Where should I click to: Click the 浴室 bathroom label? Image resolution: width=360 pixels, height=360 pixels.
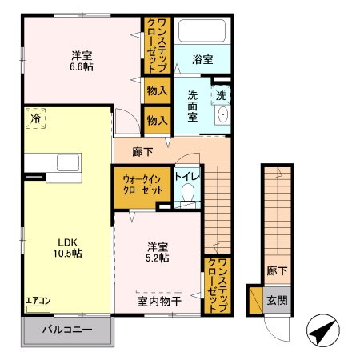[x=202, y=58]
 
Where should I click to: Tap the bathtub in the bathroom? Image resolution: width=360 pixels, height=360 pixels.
[x=203, y=32]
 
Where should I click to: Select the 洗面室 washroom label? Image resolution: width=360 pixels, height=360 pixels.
[x=194, y=105]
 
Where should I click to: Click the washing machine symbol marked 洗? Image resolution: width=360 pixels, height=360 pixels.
[x=222, y=94]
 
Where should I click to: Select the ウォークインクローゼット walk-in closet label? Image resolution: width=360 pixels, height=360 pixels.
[x=142, y=186]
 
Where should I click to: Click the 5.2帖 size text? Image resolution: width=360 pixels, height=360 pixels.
[x=157, y=258]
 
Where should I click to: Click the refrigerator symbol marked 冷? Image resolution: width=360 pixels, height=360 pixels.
[x=35, y=118]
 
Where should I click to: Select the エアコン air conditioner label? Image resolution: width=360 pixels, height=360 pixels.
[x=38, y=301]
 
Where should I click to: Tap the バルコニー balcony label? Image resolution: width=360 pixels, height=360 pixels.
[x=69, y=330]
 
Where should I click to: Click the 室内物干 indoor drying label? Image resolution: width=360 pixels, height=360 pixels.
[x=159, y=301]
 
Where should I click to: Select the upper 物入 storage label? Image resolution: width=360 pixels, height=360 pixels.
[x=157, y=91]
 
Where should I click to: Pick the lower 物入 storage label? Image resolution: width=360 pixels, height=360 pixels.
[x=157, y=120]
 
